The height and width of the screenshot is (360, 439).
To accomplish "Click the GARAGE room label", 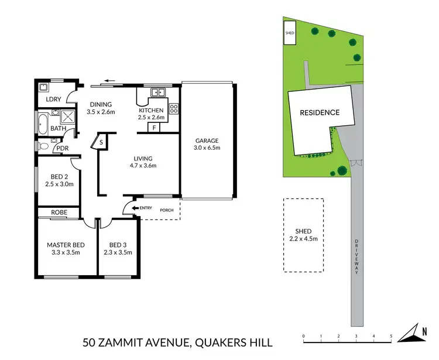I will [207, 140].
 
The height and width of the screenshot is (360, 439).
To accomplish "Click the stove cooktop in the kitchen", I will [173, 108].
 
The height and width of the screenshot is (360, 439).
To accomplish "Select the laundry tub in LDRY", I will [43, 88].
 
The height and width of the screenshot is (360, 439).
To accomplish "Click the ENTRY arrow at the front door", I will [137, 208].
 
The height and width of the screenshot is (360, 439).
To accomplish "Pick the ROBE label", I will [59, 212].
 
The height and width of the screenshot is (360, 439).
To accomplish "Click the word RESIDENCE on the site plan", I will [320, 112].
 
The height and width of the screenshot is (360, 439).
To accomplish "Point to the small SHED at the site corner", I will [290, 33].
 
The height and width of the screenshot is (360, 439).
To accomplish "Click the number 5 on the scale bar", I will [391, 337].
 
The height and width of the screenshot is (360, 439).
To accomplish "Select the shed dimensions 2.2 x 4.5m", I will [303, 239].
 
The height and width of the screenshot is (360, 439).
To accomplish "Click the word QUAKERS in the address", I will [212, 342].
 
